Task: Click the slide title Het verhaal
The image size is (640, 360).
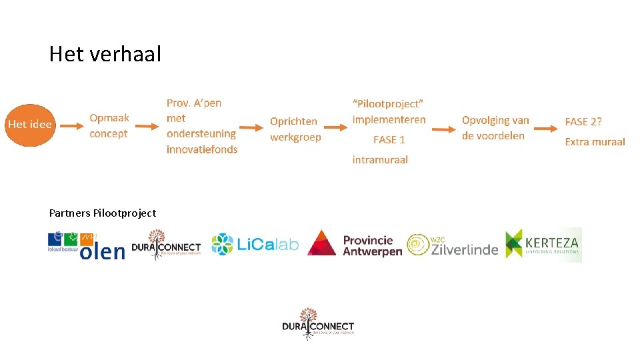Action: pyautogui.click(x=105, y=54)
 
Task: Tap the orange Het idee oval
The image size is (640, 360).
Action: pyautogui.click(x=30, y=125)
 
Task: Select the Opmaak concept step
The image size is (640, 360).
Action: pyautogui.click(x=109, y=126)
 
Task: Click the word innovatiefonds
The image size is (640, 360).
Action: pyautogui.click(x=202, y=149)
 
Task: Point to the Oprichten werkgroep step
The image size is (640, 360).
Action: pyautogui.click(x=295, y=129)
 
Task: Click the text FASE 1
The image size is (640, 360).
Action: pyautogui.click(x=389, y=140)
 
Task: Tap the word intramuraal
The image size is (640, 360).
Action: pyautogui.click(x=380, y=160)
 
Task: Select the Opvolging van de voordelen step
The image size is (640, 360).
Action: pyautogui.click(x=495, y=128)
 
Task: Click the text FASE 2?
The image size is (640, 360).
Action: pyautogui.click(x=583, y=122)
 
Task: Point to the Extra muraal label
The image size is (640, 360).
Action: pyautogui.click(x=595, y=141)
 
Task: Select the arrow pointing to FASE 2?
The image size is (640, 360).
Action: pyautogui.click(x=548, y=127)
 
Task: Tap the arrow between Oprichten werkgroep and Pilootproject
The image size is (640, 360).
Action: pyautogui.click(x=337, y=128)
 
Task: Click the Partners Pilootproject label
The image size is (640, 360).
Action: pyautogui.click(x=103, y=213)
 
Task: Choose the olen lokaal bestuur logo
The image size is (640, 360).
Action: pyautogui.click(x=86, y=245)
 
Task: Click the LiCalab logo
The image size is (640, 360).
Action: pyautogui.click(x=255, y=245)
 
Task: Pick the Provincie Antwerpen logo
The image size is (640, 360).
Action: pyautogui.click(x=355, y=245)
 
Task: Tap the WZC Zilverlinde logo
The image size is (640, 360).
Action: pyautogui.click(x=452, y=245)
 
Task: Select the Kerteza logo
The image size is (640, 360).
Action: pyautogui.click(x=543, y=245)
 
